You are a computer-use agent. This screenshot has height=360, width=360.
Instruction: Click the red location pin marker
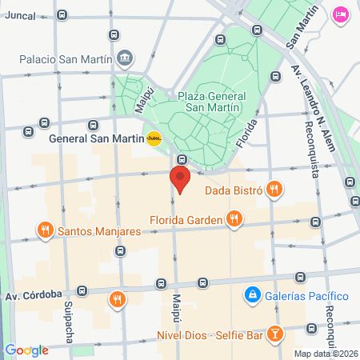[180, 179]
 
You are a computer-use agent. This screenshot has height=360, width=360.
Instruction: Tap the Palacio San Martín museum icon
[126, 58]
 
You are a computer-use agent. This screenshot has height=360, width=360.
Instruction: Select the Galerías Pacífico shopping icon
[253, 295]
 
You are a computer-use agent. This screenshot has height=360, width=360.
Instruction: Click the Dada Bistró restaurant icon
[274, 190]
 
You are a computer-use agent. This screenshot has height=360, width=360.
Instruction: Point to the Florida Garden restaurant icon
[234, 218]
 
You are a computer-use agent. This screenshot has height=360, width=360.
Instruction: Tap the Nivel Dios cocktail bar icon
[274, 331]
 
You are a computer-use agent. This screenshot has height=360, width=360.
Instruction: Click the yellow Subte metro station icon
[154, 138]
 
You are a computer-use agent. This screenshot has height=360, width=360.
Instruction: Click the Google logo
[26, 350]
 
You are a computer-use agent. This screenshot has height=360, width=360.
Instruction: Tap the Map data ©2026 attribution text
[326, 354]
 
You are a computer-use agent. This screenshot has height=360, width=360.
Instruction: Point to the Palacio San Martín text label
[66, 58]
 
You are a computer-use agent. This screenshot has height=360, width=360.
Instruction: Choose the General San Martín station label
[95, 138]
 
